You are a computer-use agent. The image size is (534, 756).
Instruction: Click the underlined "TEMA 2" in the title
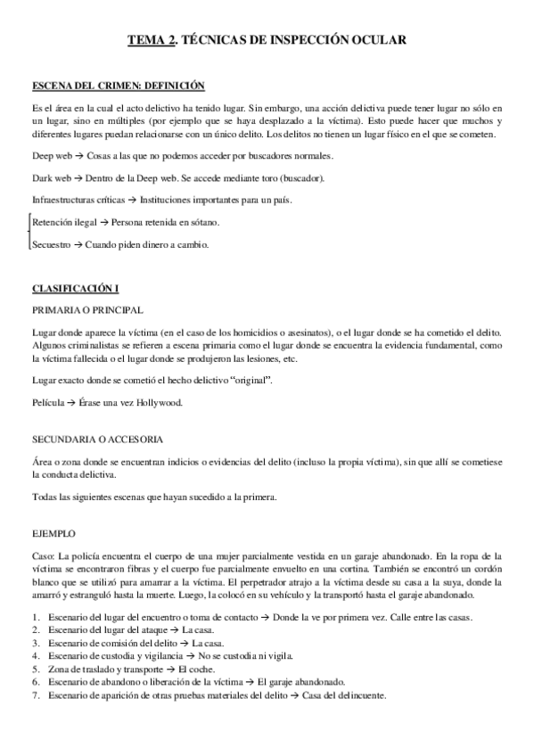[149, 39]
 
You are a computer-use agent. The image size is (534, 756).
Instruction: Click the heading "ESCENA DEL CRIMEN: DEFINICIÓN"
[119, 86]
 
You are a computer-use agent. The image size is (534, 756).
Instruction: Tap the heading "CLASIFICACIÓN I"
[75, 290]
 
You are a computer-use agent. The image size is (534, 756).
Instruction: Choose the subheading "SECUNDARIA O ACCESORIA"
[96, 440]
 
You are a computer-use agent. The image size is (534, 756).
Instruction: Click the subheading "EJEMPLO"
[53, 533]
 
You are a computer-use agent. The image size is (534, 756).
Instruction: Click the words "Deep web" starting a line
[51, 156]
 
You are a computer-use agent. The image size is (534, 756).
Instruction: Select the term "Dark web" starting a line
[51, 177]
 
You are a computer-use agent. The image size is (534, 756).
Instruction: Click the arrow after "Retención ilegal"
[103, 221]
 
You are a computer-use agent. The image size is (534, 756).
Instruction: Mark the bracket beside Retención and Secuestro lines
[29, 232]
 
